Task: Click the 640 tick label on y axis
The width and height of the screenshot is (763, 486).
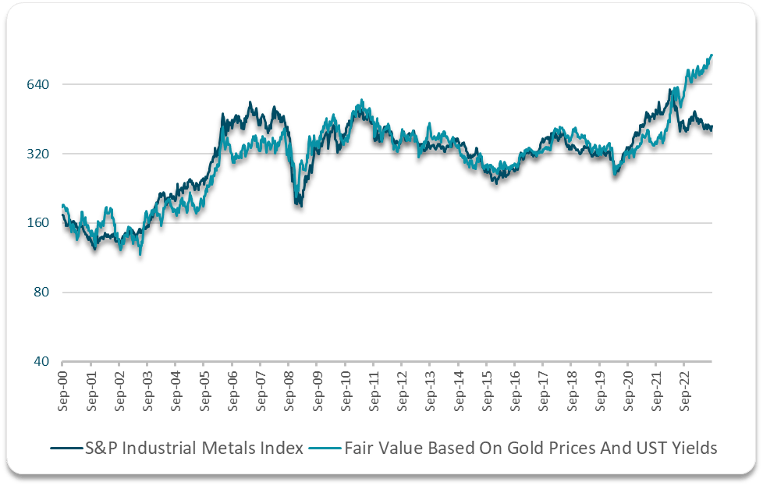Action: click(38, 84)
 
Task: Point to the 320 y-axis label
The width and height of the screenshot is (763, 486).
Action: click(38, 154)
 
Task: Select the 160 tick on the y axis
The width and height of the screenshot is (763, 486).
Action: click(38, 223)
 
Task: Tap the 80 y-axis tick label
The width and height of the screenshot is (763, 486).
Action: click(41, 293)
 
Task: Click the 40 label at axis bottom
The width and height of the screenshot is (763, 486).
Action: click(41, 362)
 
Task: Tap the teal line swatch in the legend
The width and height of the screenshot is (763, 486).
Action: click(321, 449)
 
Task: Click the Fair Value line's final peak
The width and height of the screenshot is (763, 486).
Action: click(712, 55)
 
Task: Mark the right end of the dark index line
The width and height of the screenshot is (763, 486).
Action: click(712, 128)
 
